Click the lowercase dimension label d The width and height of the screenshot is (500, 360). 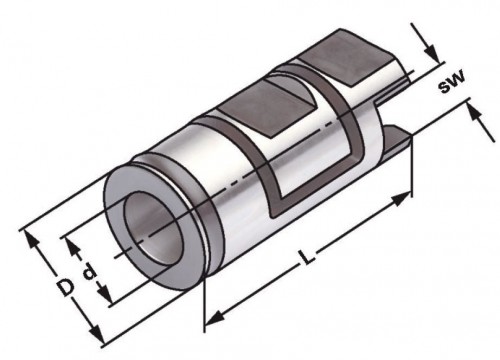click(x=89, y=271)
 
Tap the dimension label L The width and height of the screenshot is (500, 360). click(x=307, y=257)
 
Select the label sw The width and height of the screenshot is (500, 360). click(x=451, y=82)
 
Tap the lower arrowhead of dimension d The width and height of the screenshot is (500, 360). click(x=105, y=292)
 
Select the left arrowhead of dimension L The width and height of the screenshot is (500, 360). click(x=214, y=317)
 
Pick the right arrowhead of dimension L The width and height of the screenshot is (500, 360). click(x=401, y=199)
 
